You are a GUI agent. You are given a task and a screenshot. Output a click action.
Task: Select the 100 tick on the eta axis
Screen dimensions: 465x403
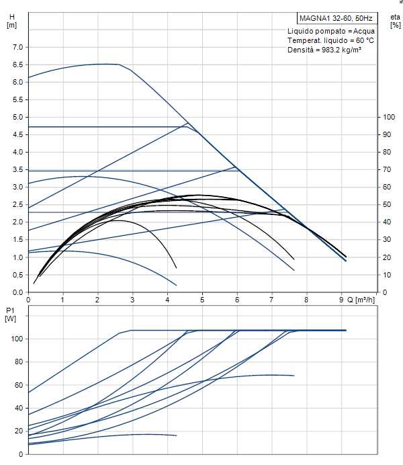(388, 117)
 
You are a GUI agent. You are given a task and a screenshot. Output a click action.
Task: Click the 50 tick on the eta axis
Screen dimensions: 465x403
(386, 205)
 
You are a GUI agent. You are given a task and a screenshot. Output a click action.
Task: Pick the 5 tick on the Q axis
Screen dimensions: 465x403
(202, 300)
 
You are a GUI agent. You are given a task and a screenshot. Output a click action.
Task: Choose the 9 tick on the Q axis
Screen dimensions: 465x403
(341, 300)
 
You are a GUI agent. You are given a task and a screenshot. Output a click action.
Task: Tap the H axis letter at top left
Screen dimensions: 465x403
(11, 17)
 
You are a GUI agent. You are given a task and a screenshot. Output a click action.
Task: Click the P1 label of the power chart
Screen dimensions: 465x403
(10, 310)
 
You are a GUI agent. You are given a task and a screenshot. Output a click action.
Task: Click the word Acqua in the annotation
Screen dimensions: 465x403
(363, 31)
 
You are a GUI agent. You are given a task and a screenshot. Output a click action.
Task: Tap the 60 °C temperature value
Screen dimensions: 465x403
(361, 40)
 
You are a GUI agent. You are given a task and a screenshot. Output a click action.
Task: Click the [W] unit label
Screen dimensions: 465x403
(10, 319)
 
